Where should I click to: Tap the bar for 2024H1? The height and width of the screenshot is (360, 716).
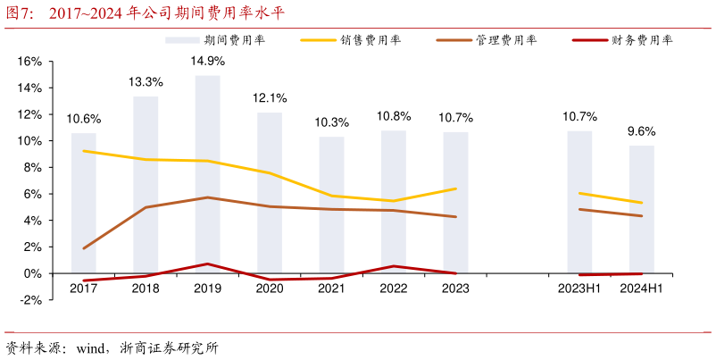pyautogui.click(x=641, y=209)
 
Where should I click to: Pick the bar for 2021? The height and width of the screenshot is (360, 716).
pyautogui.click(x=331, y=205)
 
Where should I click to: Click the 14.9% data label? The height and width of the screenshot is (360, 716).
pyautogui.click(x=207, y=62)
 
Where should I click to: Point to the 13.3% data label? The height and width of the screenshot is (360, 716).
pyautogui.click(x=146, y=82)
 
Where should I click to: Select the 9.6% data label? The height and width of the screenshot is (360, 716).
pyautogui.click(x=641, y=131)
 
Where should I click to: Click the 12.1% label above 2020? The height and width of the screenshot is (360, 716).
pyautogui.click(x=270, y=98)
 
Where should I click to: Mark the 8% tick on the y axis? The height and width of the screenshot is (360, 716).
pyautogui.click(x=33, y=168)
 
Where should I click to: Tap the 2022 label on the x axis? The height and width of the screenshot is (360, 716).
pyautogui.click(x=393, y=288)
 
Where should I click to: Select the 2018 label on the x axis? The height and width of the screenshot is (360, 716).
pyautogui.click(x=146, y=288)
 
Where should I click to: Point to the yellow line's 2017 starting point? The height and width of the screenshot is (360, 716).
pyautogui.click(x=84, y=151)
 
